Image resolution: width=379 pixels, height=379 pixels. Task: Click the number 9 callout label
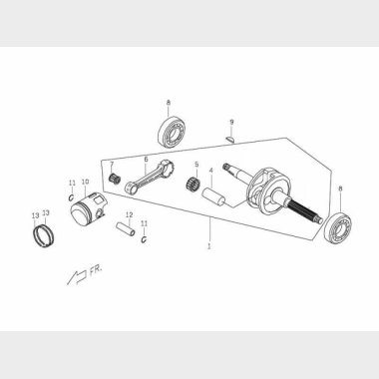231,123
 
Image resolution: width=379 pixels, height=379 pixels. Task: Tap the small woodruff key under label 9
230,139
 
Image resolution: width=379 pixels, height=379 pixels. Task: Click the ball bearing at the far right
338,226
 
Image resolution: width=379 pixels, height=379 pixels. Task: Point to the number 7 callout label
112,165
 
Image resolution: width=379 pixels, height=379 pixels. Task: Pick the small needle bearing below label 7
115,179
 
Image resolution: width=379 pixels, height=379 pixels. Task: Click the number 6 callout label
146,160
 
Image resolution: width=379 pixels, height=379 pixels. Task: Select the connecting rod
150,177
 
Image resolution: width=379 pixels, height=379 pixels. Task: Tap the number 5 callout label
196,165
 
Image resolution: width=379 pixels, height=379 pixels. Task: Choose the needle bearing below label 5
191,184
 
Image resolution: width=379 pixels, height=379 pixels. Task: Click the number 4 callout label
210,171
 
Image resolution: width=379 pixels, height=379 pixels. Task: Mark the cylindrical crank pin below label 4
213,196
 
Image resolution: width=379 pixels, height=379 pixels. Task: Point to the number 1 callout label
209,247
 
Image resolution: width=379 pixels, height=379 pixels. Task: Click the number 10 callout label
85,182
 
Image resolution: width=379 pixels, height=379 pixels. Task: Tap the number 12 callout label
130,214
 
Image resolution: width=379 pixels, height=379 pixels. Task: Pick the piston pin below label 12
126,229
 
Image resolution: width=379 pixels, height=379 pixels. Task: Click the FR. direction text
96,271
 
